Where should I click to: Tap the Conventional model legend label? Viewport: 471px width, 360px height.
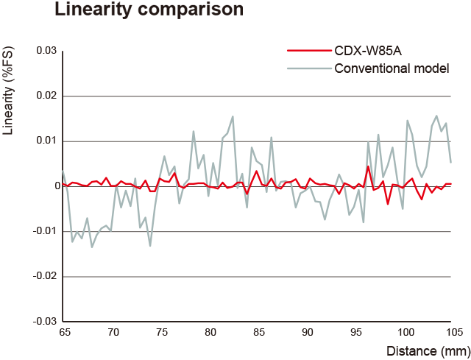392,69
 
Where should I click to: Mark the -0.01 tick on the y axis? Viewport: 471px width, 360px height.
44,231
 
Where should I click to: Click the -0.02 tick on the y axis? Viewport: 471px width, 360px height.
44,276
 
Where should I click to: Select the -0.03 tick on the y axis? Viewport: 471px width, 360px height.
44,322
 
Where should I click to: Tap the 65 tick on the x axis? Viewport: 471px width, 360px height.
64,333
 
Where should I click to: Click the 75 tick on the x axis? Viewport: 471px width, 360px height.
162,333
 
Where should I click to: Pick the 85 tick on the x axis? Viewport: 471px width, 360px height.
259,333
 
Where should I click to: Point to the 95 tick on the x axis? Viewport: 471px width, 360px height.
356,333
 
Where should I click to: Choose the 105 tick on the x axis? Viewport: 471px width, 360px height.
453,333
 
